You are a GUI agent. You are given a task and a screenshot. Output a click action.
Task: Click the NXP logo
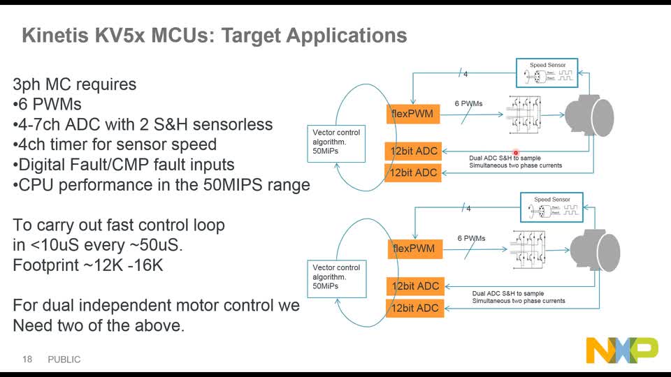(621, 350)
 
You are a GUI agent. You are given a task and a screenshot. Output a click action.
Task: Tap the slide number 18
(28, 360)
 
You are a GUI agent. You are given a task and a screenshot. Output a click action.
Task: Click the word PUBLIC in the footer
(64, 360)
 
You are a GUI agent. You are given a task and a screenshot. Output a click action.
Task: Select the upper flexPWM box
(412, 114)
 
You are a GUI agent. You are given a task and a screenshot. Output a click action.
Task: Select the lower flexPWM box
(414, 249)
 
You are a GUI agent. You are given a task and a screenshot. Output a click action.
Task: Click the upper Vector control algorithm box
(337, 142)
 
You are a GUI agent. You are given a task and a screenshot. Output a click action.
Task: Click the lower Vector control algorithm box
(337, 276)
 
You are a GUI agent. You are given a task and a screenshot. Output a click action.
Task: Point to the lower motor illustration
(596, 249)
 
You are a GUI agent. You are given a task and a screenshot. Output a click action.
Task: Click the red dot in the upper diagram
(516, 151)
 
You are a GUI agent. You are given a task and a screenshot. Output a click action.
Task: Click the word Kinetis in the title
(55, 35)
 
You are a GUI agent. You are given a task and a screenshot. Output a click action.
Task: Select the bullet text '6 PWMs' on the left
(50, 105)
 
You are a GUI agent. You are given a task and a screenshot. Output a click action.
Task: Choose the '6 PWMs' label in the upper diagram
(468, 103)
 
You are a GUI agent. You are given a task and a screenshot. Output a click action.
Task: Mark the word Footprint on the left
(45, 266)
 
